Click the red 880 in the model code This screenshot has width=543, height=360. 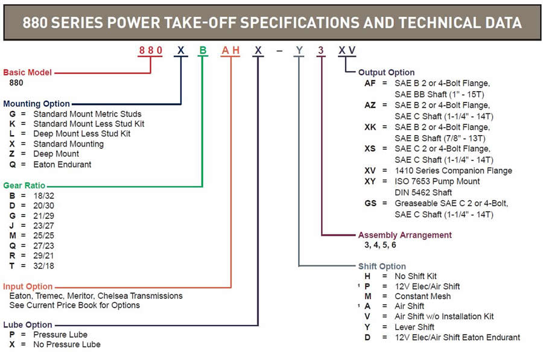pos(150,51)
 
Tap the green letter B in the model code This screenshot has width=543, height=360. pos(203,51)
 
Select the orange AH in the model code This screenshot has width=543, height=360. pos(230,51)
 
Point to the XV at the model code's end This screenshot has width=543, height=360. pos(347,51)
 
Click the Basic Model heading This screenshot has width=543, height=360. pos(27,72)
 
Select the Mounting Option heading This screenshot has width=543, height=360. pos(36,104)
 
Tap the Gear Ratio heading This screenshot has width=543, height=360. pos(24,186)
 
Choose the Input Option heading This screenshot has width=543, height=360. pos(28,286)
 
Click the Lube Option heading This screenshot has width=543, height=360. pos(28,324)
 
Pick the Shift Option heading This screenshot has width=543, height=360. pos(382,266)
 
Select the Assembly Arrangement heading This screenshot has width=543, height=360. pos(405,235)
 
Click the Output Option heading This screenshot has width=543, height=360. pos(387,72)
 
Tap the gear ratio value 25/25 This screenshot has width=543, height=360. pos(43,236)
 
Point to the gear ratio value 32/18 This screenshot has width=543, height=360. pos(43,266)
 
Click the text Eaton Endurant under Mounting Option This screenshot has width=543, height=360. pos(62,165)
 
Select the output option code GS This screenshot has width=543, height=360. pos(370,203)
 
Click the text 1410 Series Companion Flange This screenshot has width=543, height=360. pos(453,171)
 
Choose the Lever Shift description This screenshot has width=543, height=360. pos(414,327)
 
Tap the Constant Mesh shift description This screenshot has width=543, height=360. pos(423,296)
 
